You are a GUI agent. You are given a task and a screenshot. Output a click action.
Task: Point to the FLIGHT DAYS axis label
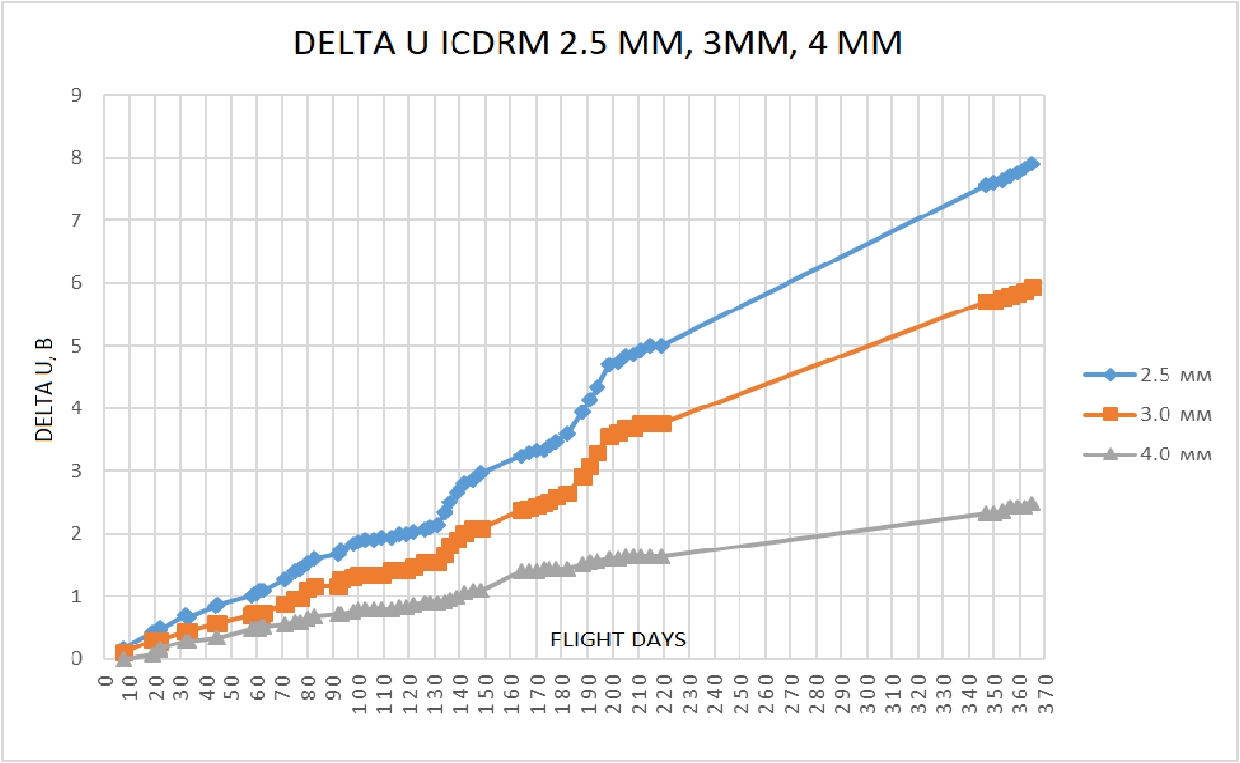617,639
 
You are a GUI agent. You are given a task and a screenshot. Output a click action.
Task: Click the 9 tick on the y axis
75,95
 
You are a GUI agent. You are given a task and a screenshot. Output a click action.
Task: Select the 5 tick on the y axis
75,346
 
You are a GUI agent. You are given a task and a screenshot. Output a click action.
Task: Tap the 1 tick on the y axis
75,596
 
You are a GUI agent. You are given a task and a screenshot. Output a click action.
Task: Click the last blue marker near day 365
1032,164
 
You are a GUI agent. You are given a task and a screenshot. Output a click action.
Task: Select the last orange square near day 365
1032,287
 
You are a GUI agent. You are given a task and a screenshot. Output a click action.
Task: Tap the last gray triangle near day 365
1031,503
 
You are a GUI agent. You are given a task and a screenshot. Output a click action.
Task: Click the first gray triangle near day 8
124,658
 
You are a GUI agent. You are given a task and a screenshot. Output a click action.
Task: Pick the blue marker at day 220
663,345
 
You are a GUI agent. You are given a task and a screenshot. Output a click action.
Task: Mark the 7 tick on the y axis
75,220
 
